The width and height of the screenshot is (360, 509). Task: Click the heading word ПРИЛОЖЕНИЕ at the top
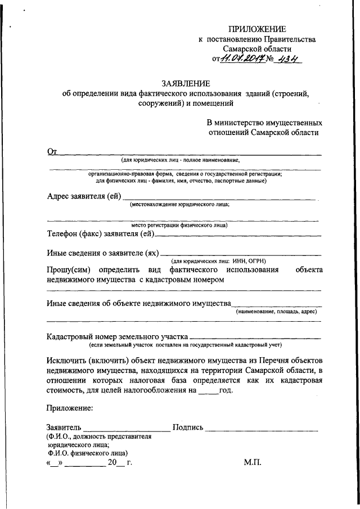click(257, 29)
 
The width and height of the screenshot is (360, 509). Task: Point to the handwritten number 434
click(289, 58)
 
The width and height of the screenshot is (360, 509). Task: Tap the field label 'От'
click(52, 151)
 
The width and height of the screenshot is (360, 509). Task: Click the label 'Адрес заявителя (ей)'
click(83, 196)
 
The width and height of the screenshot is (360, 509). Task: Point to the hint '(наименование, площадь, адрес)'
click(276, 311)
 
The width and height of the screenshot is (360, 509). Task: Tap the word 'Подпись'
click(188, 427)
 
